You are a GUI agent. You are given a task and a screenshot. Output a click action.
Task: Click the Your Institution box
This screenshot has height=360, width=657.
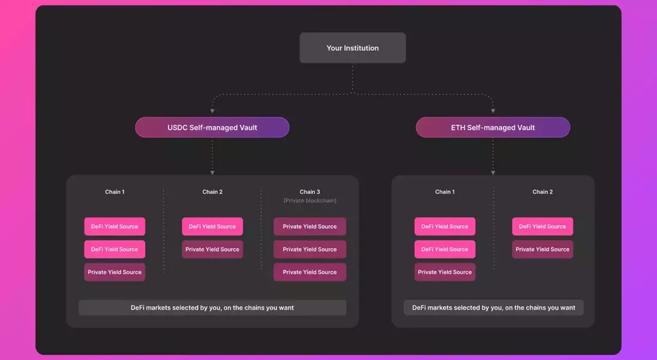click(353, 48)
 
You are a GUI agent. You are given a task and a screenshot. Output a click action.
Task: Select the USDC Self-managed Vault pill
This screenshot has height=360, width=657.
click(212, 127)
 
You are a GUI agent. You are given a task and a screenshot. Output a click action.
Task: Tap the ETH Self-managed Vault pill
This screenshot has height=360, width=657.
click(493, 127)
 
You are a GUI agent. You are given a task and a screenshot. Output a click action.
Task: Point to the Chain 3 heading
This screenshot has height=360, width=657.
click(310, 192)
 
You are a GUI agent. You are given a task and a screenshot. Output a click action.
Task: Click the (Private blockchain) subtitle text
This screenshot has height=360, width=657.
click(310, 200)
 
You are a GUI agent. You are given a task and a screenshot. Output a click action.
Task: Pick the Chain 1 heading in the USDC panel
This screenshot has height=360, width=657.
click(115, 192)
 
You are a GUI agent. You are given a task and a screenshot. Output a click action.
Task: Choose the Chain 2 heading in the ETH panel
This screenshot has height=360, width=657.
click(542, 192)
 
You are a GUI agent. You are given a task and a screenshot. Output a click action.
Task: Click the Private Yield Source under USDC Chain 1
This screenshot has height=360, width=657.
click(115, 272)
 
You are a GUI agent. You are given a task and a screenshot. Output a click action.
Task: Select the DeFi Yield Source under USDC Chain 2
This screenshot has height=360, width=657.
click(212, 226)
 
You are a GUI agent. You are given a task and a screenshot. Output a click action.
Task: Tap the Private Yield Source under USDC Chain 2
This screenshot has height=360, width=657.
click(212, 249)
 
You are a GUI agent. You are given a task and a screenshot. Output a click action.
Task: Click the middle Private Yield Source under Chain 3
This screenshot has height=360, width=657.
click(310, 249)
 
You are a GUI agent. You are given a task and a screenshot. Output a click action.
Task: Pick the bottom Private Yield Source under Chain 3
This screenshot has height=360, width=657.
click(310, 272)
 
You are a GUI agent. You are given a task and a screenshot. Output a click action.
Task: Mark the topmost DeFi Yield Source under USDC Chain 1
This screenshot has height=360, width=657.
click(115, 226)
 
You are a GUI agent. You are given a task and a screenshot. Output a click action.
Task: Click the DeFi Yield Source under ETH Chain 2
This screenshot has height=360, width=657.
click(542, 226)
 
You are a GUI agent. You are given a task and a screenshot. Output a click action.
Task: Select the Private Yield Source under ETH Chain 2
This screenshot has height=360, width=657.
click(542, 249)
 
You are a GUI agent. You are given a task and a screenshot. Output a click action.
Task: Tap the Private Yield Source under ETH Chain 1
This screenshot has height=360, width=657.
click(445, 272)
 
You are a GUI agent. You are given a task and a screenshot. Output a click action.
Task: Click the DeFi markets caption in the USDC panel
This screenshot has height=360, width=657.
click(212, 308)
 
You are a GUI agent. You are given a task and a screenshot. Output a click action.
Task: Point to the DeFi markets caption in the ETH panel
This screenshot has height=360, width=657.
click(493, 308)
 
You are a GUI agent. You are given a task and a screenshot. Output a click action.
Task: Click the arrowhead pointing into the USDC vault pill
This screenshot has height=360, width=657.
click(212, 111)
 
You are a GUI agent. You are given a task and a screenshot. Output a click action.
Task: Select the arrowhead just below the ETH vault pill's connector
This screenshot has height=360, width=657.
click(493, 173)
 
